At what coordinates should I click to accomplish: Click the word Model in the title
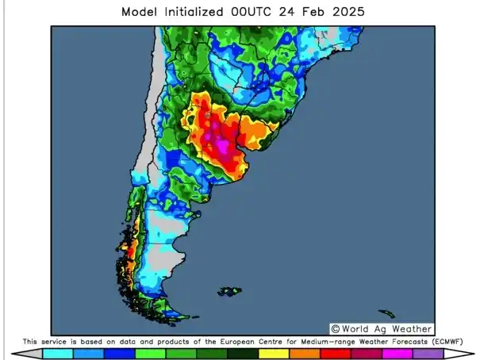140,13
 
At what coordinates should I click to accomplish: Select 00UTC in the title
269,13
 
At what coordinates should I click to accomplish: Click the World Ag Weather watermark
386,328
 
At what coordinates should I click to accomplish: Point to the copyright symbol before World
336,328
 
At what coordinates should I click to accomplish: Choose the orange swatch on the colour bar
305,354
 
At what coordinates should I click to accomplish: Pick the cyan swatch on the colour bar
58,354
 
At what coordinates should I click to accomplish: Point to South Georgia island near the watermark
386,314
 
